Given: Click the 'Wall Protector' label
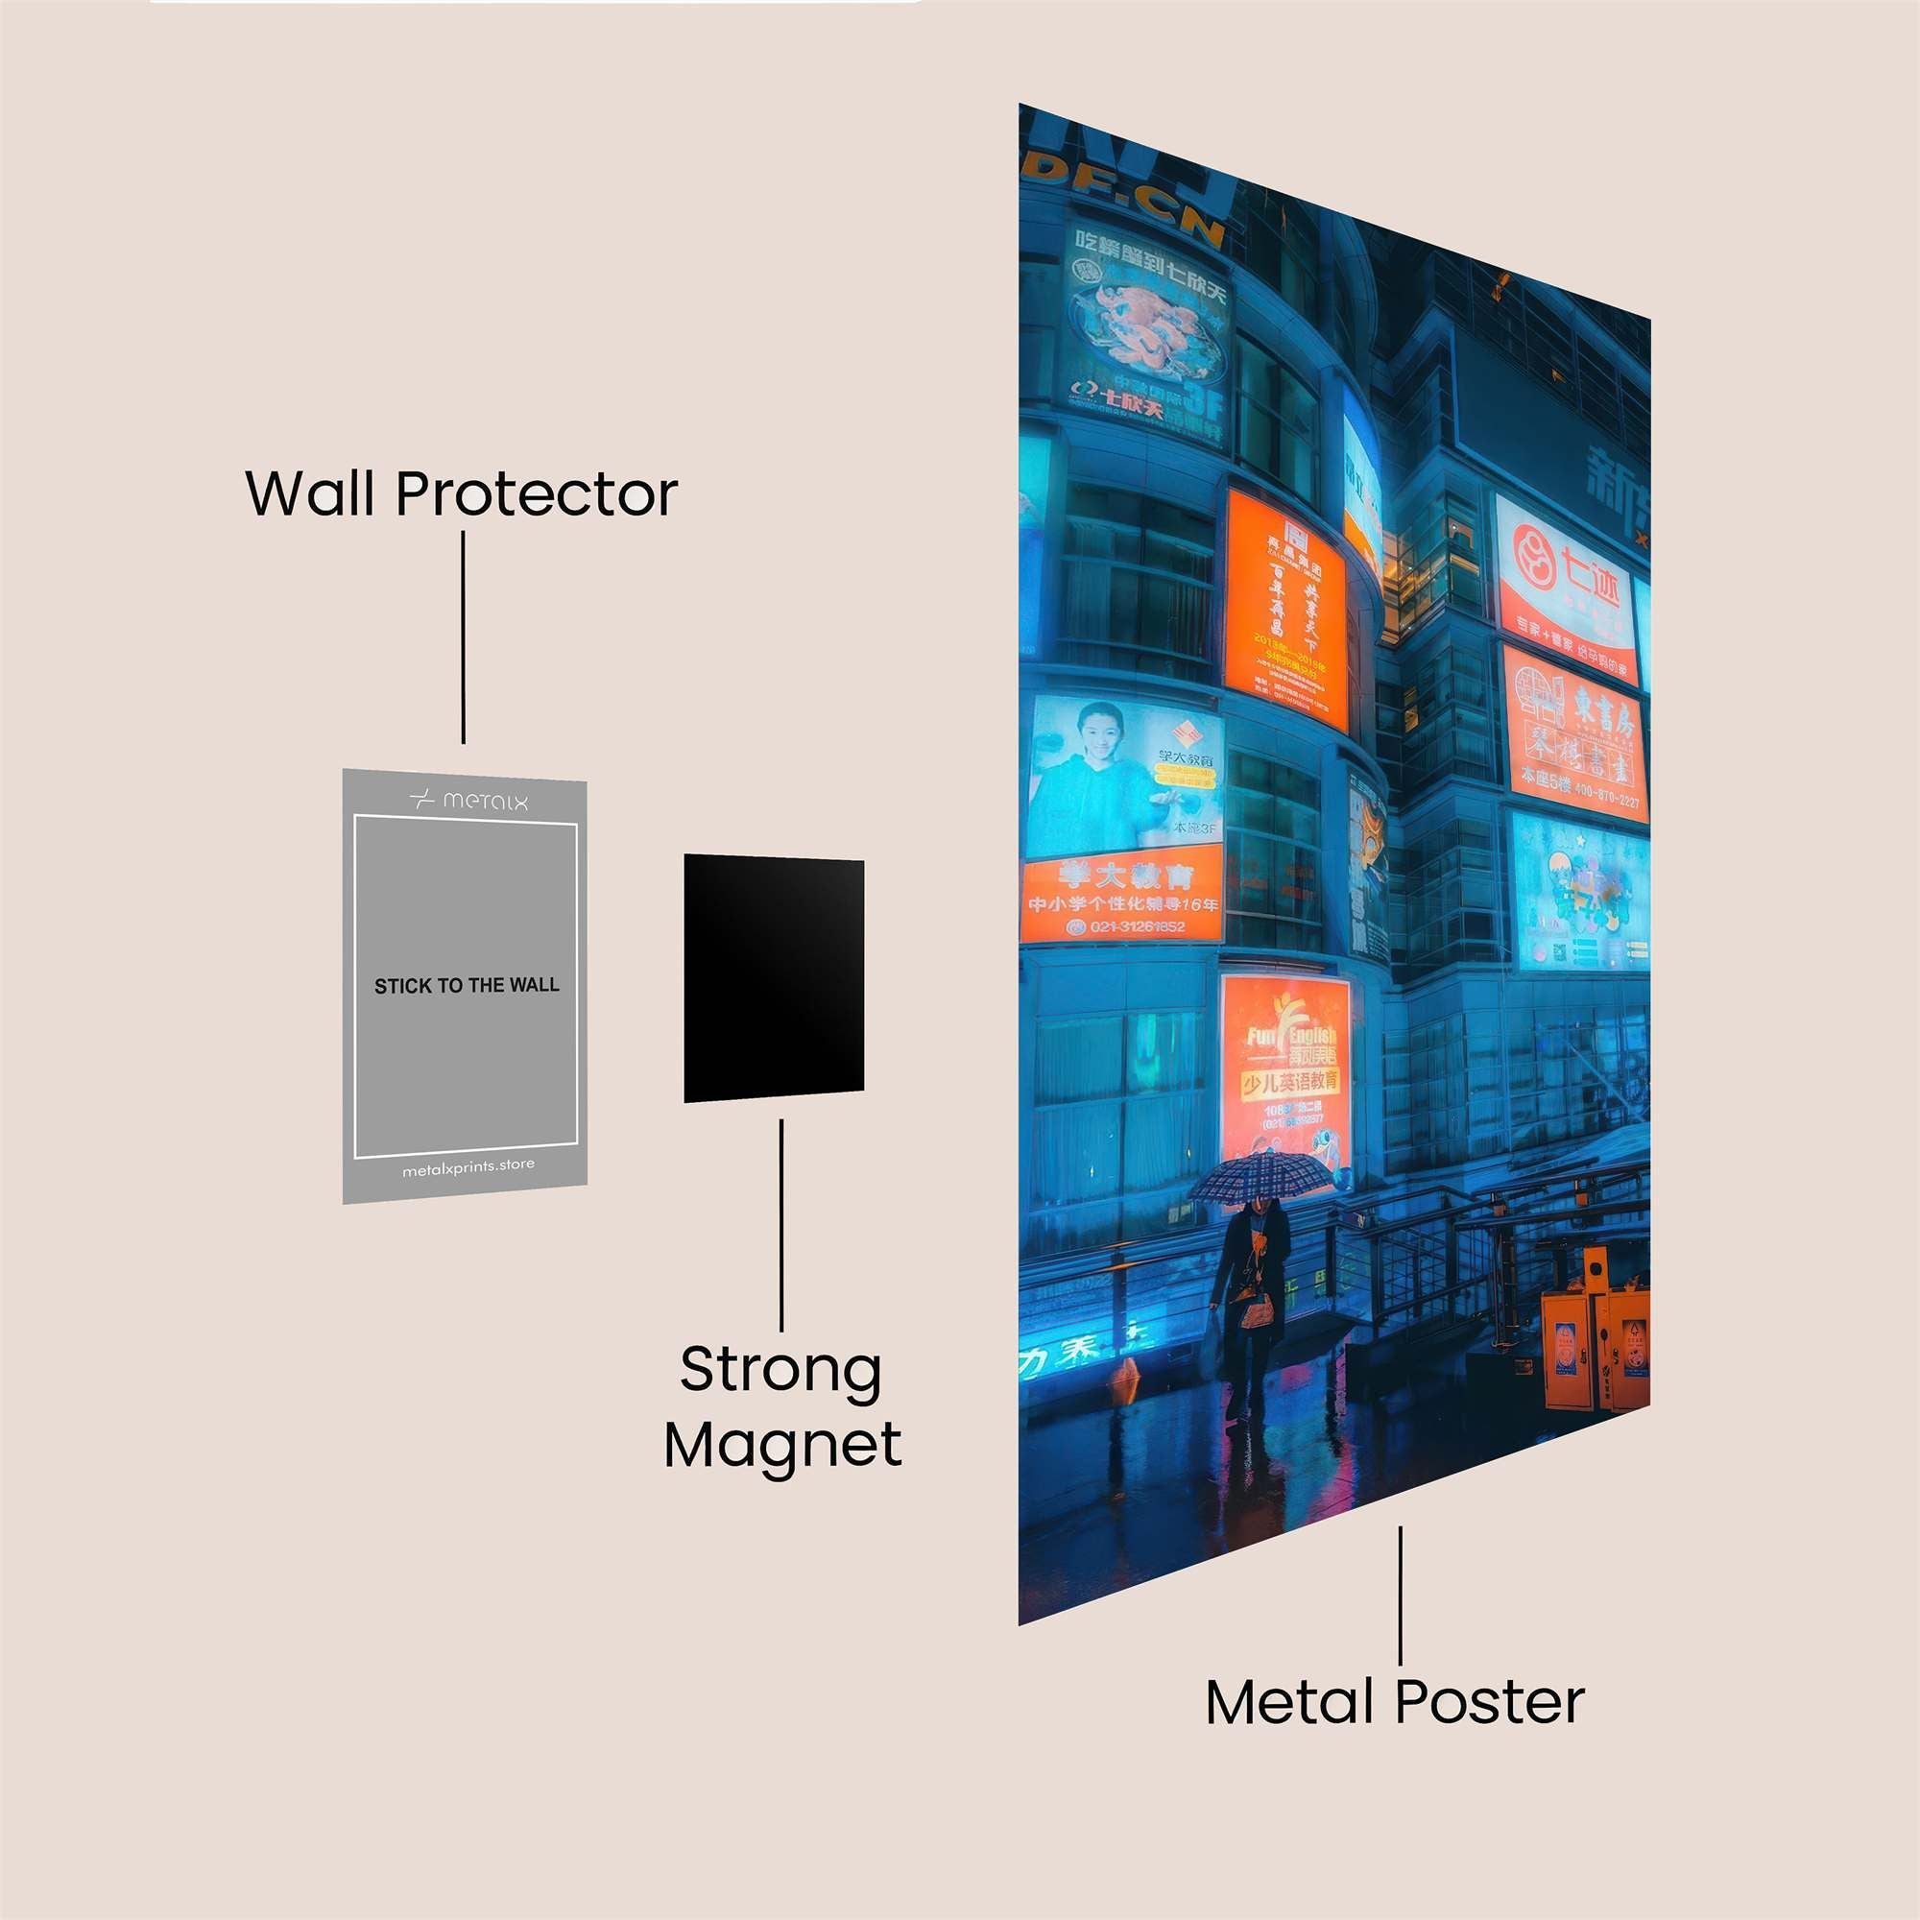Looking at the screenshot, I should (461, 493).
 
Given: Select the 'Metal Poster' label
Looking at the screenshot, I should (1394, 1702).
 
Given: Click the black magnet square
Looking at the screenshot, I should (773, 979).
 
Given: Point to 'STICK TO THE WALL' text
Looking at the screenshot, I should (467, 986).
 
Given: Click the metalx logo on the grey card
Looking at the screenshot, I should (469, 800).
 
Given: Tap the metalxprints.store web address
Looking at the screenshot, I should (468, 1166).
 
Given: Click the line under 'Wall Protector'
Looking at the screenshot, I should (463, 636).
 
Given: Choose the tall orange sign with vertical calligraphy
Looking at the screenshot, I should (1285, 601).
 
